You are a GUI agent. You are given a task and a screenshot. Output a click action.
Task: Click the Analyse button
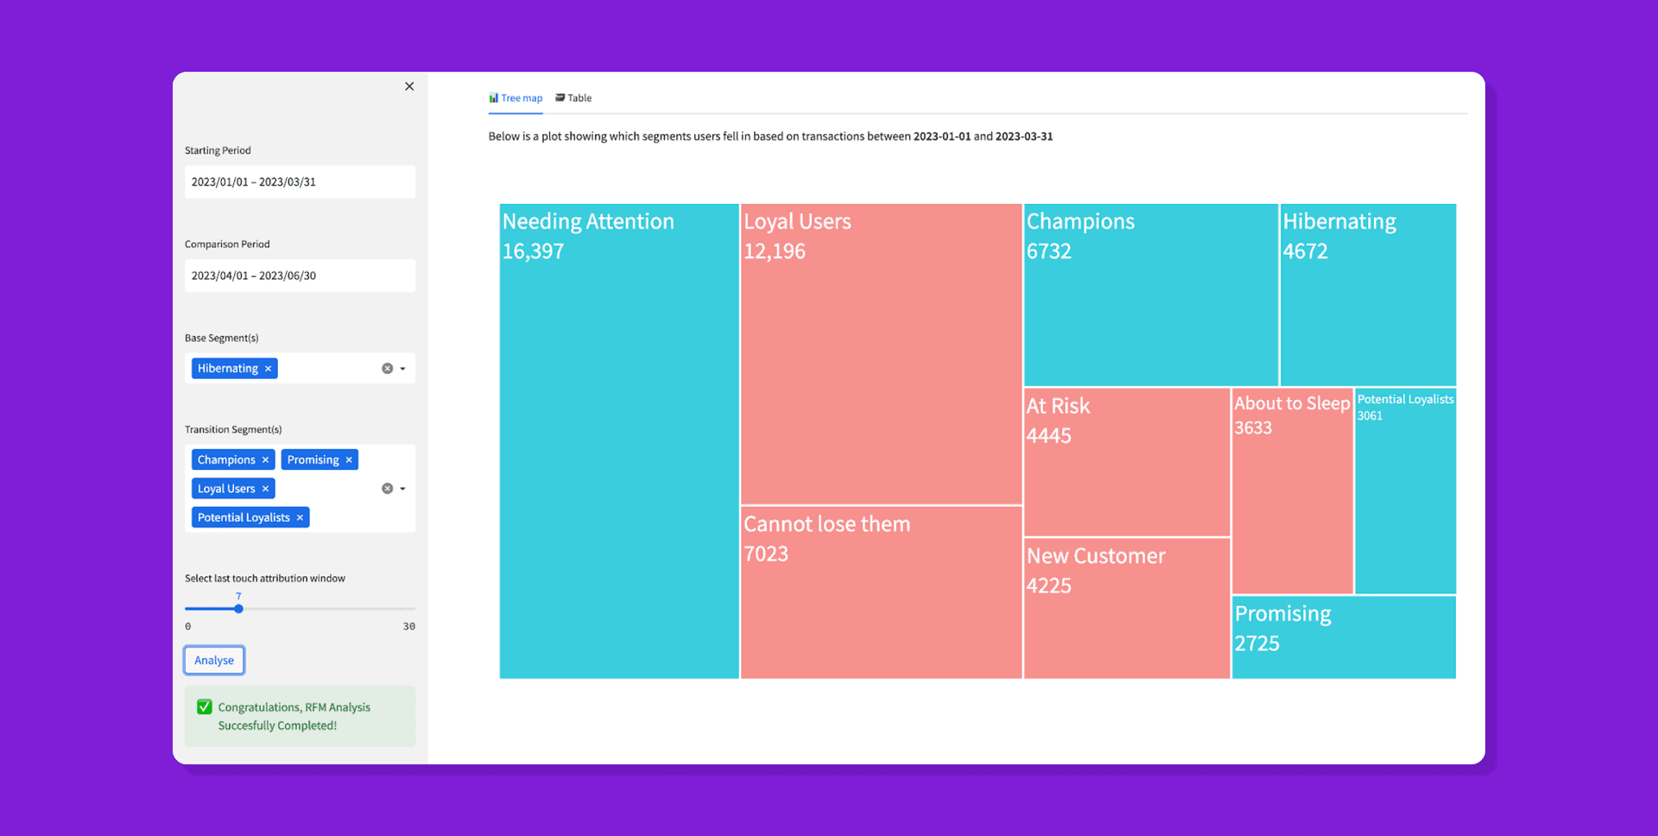[214, 661]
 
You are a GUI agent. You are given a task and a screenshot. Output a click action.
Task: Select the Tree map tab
[516, 98]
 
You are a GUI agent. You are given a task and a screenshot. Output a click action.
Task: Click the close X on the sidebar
[409, 86]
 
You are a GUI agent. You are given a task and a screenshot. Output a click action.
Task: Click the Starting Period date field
[300, 182]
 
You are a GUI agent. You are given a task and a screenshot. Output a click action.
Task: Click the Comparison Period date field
[300, 276]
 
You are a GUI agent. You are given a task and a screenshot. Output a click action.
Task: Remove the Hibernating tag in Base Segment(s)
[269, 369]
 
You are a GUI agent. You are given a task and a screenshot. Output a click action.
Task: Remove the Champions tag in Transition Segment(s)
[266, 460]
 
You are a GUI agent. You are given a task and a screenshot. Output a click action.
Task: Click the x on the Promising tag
[349, 460]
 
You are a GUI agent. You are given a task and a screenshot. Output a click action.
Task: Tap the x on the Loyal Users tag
[266, 489]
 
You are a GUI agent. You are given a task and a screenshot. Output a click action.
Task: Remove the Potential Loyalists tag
[301, 518]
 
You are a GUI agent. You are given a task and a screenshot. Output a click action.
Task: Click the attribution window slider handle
[238, 609]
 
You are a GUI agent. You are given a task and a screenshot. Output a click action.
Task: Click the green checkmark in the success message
[205, 707]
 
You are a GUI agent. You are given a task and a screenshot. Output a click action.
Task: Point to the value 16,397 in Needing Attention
[533, 252]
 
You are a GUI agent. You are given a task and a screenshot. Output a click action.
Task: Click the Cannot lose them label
[826, 524]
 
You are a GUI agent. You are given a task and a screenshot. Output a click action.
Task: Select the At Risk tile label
[1058, 407]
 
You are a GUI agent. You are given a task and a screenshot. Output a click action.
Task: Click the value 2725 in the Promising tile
[1256, 644]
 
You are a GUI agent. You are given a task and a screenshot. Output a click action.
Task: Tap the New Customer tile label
[1096, 556]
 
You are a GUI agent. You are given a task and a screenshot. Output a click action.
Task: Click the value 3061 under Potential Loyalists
[1370, 416]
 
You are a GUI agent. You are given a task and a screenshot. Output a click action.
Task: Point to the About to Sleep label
[1292, 403]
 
